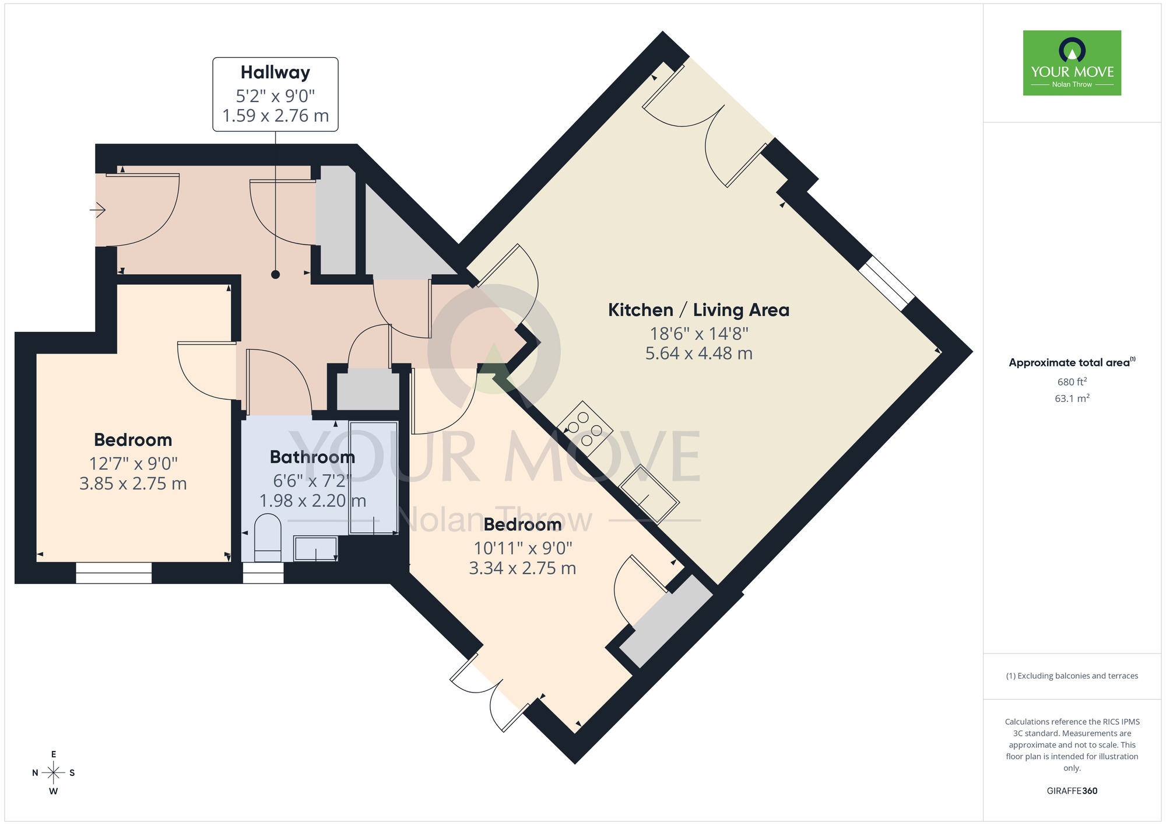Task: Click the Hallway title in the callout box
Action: pos(275,72)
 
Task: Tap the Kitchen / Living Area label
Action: pos(698,310)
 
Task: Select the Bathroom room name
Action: pos(312,457)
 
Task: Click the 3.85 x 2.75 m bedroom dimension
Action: pos(133,484)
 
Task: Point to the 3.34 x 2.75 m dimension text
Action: pos(522,568)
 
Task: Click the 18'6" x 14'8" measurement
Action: pos(698,334)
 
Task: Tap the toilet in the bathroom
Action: pos(268,537)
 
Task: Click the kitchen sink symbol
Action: pos(648,493)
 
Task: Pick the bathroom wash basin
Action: pos(315,548)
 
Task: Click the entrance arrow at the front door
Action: pos(98,209)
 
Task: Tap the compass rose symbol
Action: pos(54,773)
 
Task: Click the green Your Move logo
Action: pos(1072,63)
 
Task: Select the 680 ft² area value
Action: pos(1072,382)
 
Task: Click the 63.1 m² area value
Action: pos(1072,398)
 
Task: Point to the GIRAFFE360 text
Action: pos(1072,791)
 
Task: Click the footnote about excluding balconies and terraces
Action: pos(1072,676)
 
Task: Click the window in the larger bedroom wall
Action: pos(114,573)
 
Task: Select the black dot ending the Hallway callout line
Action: pos(275,274)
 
